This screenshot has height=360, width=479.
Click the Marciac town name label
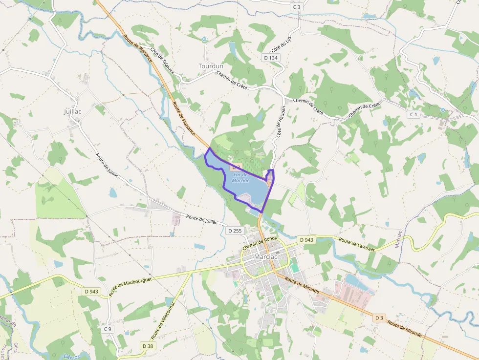tap(265, 257)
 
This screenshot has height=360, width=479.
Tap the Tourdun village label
tap(211, 66)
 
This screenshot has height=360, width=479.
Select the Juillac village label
tap(72, 111)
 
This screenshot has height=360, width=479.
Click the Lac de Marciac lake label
tap(241, 177)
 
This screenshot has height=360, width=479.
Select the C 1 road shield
tap(414, 114)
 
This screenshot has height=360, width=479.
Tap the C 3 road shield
tap(297, 7)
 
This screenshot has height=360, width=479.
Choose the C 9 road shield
tap(108, 329)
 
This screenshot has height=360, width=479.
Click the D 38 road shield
tap(148, 346)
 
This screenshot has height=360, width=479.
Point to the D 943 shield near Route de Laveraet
tap(306, 240)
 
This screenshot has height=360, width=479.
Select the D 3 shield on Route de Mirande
tap(379, 318)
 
